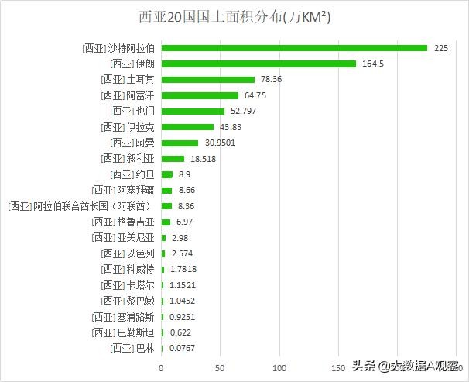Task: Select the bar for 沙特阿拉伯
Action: [294, 48]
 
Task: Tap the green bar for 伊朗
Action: [258, 64]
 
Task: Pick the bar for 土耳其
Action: [207, 80]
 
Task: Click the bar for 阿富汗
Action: [200, 95]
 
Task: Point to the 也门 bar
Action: [193, 112]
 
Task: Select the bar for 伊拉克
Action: [187, 127]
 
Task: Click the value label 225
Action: [441, 48]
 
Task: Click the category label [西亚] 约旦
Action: [133, 174]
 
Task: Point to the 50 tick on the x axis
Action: [221, 367]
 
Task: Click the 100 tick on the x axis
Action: [279, 367]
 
